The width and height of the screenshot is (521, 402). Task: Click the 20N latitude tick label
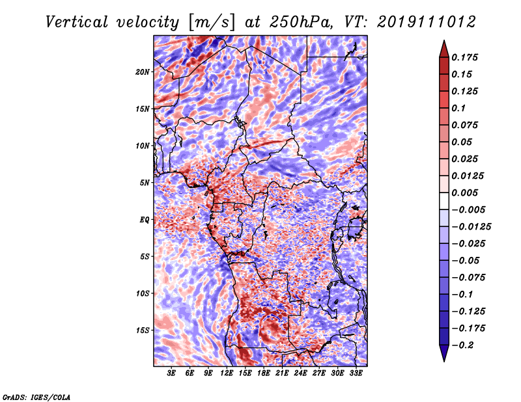coord(142,72)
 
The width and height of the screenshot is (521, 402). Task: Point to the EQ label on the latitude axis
coord(144,219)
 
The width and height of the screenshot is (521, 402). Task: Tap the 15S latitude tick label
coord(142,330)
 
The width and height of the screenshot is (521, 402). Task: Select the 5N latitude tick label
coord(144,182)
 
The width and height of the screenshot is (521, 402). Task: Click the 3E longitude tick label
coord(172,374)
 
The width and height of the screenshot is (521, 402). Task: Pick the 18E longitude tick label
coord(264,374)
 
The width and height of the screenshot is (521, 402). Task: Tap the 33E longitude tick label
coord(356,374)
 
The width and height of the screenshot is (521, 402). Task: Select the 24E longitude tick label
coord(300,374)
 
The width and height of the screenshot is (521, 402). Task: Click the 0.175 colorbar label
coord(466,57)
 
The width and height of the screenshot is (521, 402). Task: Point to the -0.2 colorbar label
coord(464,345)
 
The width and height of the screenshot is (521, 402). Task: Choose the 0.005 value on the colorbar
coord(466,193)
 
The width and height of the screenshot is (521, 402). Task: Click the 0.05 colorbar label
coord(462,142)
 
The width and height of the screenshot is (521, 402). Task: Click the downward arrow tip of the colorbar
coord(443,360)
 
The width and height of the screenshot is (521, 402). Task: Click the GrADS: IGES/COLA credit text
coord(36,396)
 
